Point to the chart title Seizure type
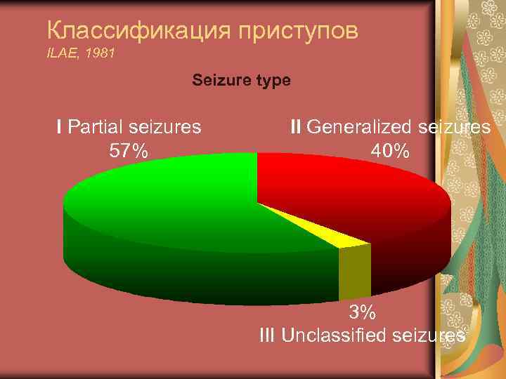[x=241, y=81]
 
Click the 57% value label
[x=129, y=149]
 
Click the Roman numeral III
[x=268, y=335]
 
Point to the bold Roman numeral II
[x=296, y=127]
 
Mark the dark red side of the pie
[x=415, y=253]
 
